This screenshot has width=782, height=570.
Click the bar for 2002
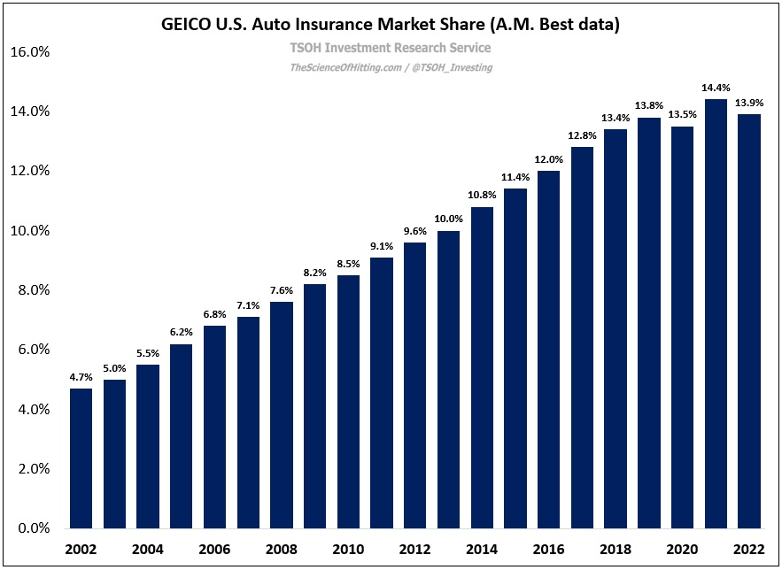(81, 458)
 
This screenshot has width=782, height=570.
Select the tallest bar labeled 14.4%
(716, 313)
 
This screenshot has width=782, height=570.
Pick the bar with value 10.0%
(449, 379)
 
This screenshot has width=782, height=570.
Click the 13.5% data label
(682, 114)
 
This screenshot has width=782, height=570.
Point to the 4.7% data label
(81, 376)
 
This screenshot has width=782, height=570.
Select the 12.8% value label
(582, 135)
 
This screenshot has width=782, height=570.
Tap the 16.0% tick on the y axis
(29, 51)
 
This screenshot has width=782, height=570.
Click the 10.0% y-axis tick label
(29, 231)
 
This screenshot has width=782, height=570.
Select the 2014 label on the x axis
(482, 549)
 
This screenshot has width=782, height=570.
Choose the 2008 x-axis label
(282, 549)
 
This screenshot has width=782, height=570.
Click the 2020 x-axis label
(682, 549)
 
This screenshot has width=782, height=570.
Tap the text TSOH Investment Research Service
(391, 48)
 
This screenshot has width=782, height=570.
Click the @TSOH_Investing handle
(452, 67)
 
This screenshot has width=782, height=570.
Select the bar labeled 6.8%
(215, 427)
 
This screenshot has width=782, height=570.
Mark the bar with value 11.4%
(515, 358)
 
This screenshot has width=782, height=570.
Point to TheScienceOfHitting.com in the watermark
(344, 67)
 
